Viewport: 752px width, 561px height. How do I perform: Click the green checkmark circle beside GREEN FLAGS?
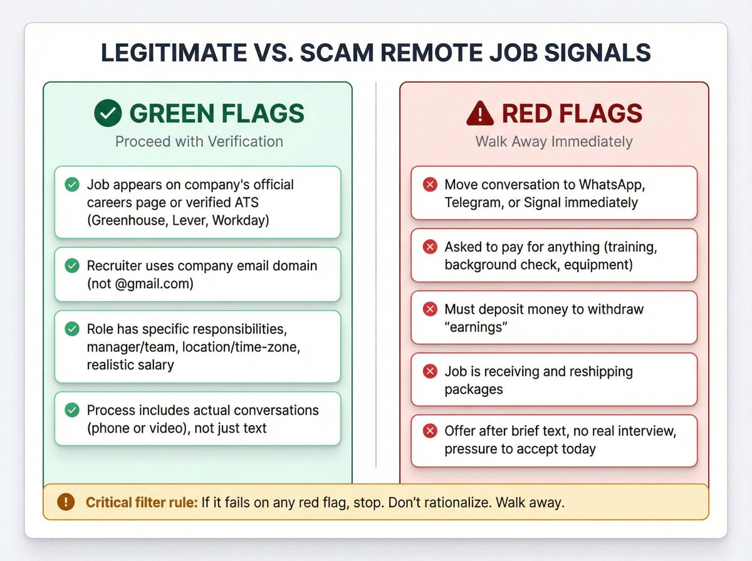point(108,113)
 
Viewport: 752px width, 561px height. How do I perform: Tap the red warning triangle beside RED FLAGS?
point(480,113)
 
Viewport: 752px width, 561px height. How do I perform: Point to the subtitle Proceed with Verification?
point(199,142)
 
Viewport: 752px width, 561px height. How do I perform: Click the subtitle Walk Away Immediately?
point(554,142)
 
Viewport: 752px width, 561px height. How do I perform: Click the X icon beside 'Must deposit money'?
point(430,309)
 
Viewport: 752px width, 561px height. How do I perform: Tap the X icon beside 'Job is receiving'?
point(430,371)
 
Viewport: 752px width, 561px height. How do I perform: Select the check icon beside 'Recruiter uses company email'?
point(73,265)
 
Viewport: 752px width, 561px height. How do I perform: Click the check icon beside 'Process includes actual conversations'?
point(73,410)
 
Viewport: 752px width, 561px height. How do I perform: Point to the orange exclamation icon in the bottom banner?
point(65,502)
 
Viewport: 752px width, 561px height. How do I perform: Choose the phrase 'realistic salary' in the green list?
point(130,364)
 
